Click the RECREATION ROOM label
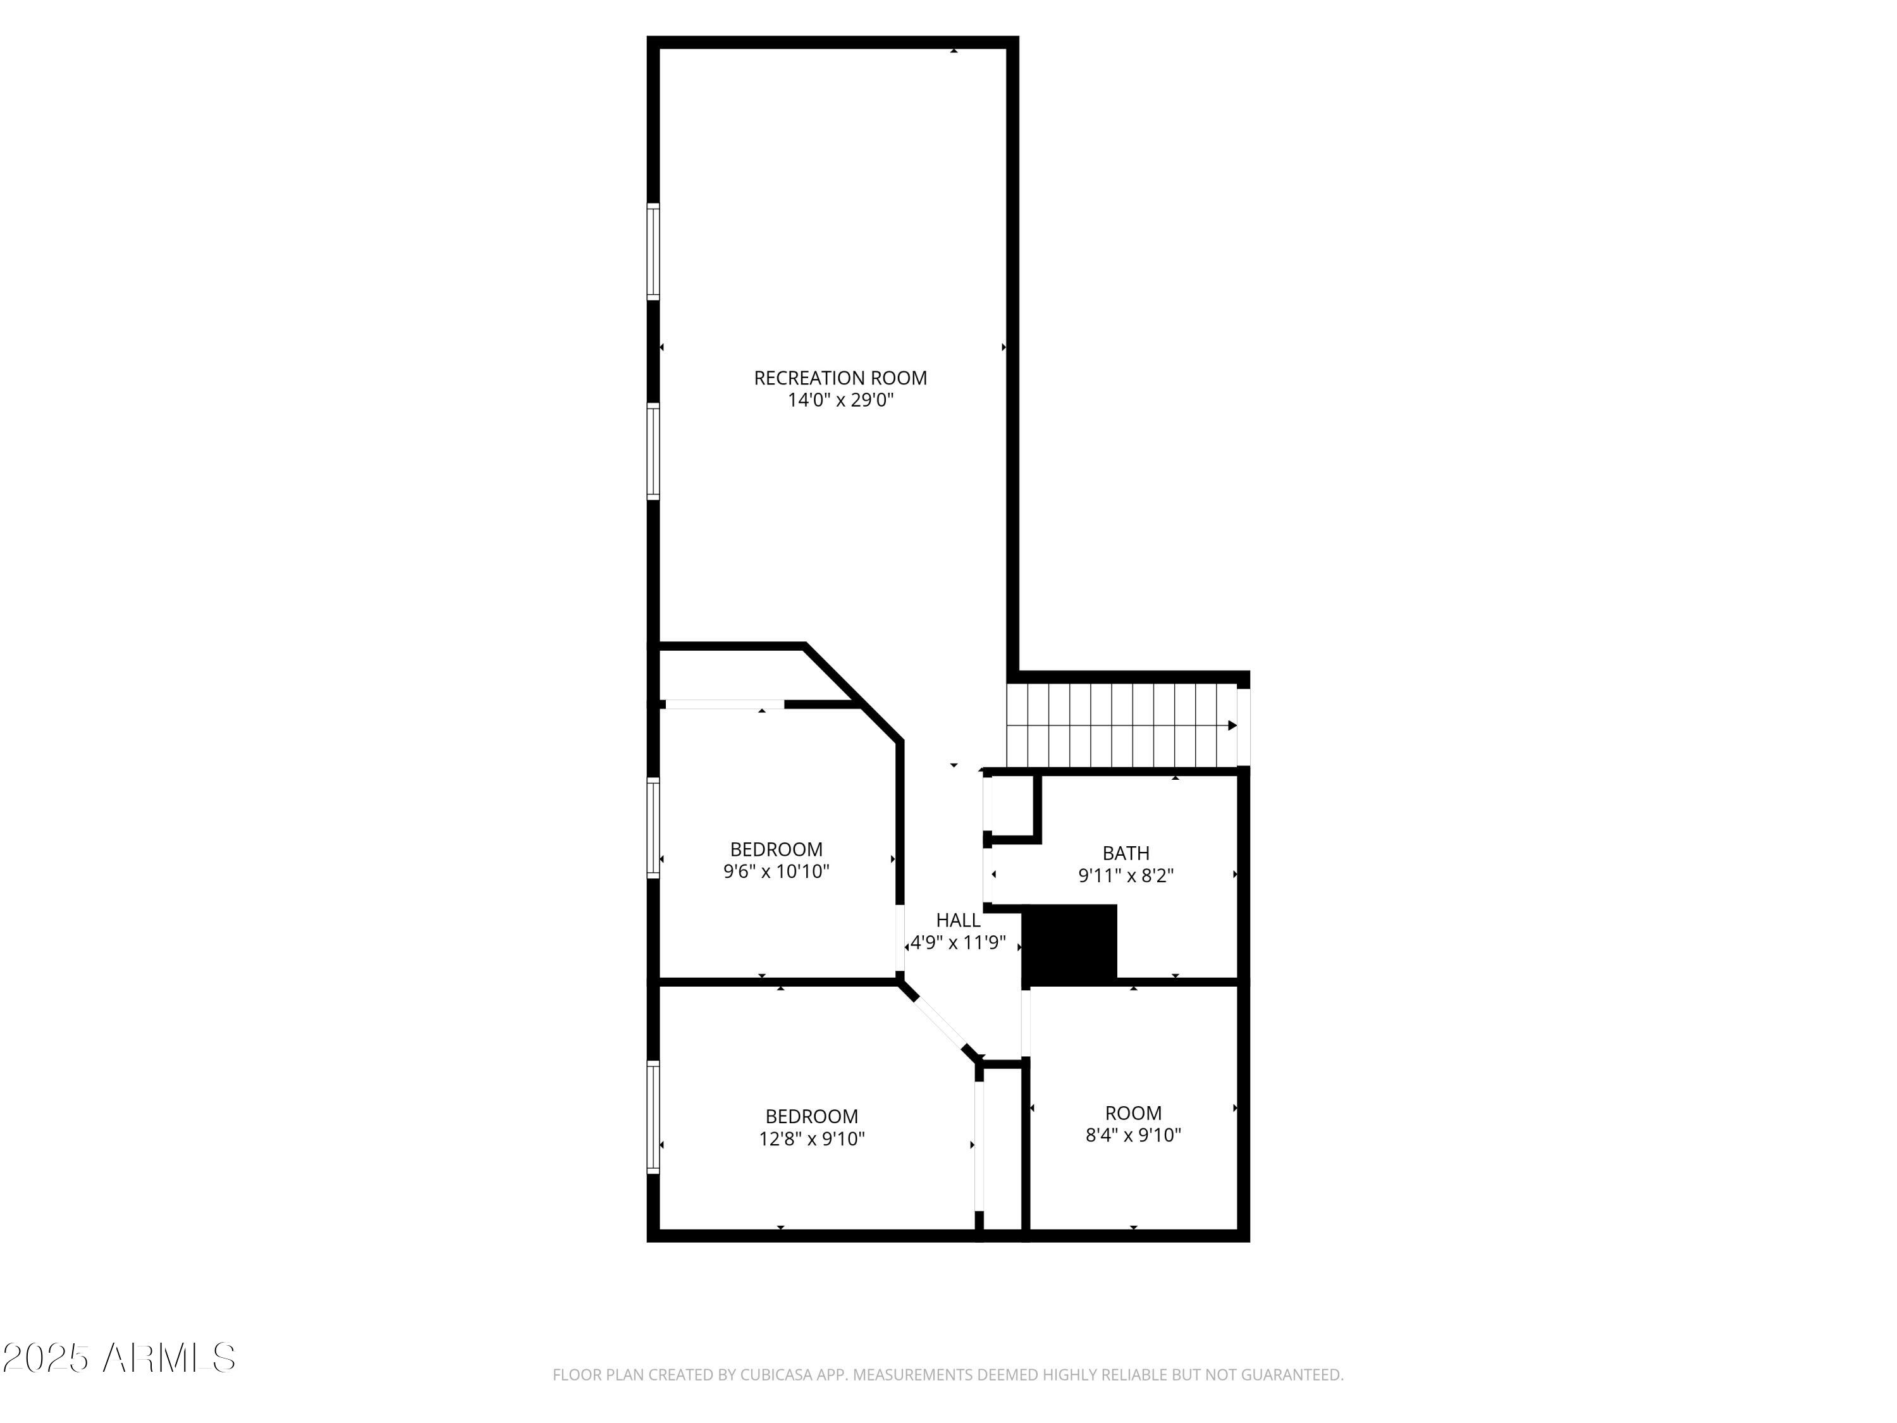pos(840,378)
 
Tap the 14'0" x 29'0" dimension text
pos(840,400)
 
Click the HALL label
pos(958,920)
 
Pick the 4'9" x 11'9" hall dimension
pos(958,944)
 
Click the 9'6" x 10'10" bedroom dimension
pos(776,872)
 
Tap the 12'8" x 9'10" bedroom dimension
pos(811,1139)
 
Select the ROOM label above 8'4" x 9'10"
pos(1133,1113)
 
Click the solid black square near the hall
pos(1071,943)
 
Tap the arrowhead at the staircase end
pos(1232,725)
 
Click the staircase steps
pos(1115,725)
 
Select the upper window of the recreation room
pos(653,251)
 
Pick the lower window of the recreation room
pos(653,451)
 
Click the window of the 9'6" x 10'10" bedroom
pos(653,828)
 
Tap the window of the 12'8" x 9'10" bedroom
pos(653,1117)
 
